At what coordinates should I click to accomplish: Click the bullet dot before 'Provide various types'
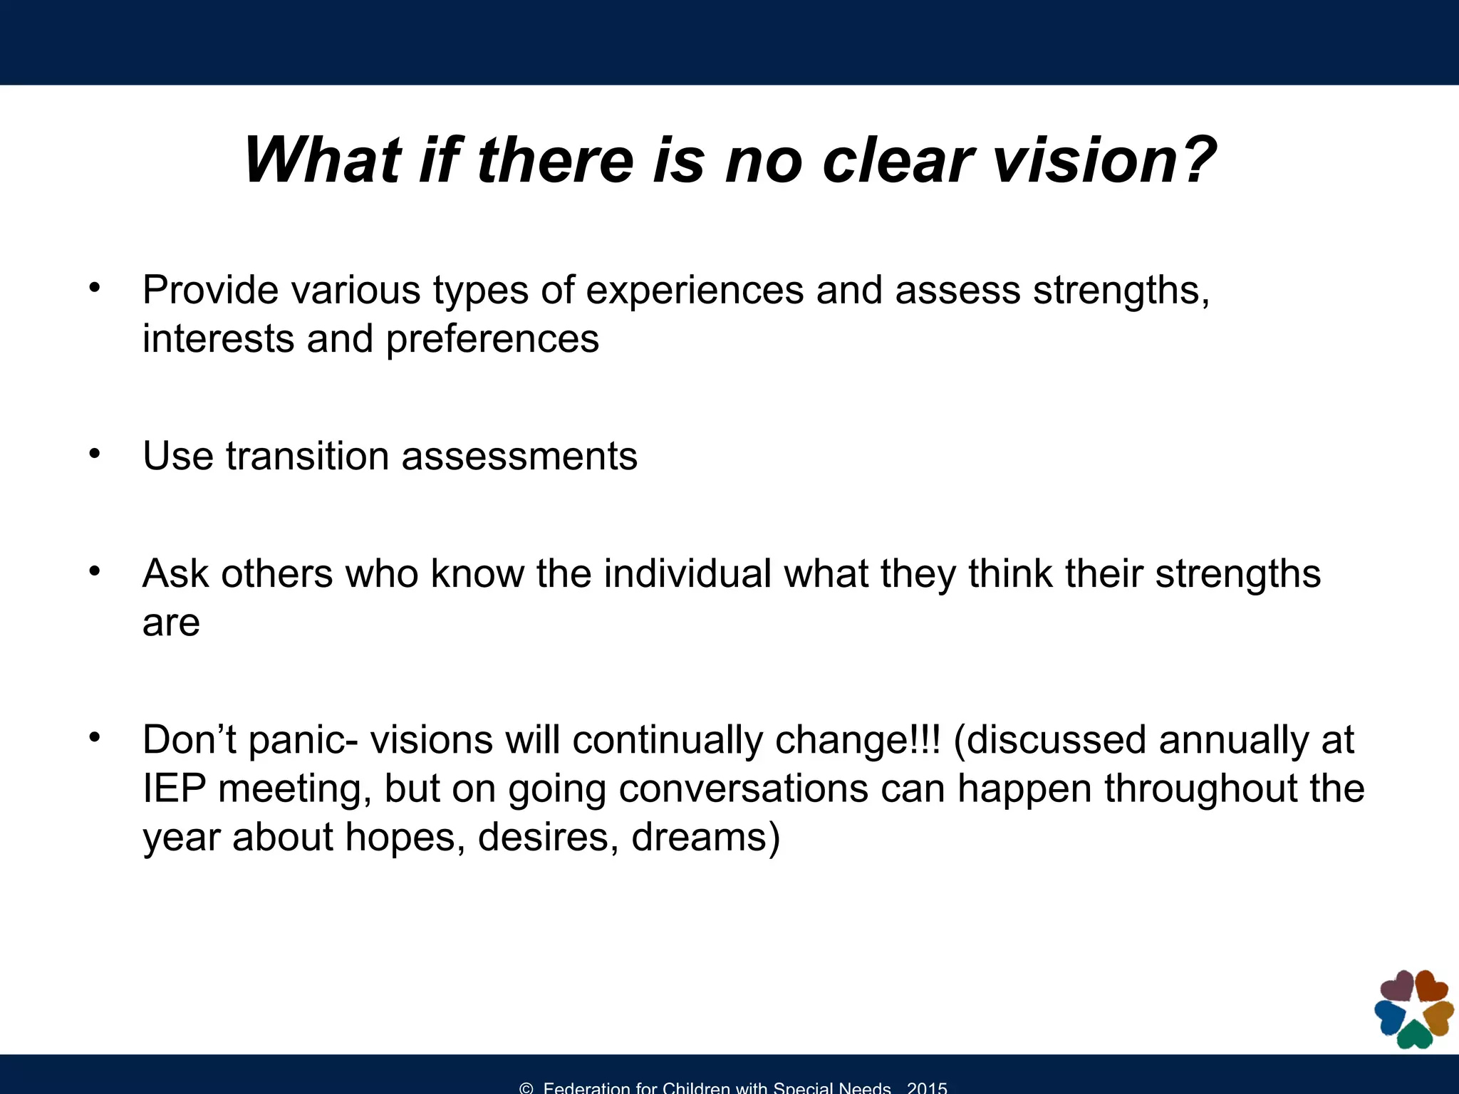(95, 288)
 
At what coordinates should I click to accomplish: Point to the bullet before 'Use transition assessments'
(95, 454)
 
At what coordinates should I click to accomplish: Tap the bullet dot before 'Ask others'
(95, 571)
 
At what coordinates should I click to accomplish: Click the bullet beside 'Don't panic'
(95, 738)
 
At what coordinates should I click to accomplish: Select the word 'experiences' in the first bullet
(695, 291)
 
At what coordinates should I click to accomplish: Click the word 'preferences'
(492, 340)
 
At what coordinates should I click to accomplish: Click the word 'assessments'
(519, 456)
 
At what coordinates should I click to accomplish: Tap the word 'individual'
(687, 573)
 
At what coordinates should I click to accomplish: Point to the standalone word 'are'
(171, 623)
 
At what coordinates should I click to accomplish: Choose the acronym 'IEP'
(175, 788)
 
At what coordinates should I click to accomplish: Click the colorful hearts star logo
(1413, 1009)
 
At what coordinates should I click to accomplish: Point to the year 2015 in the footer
(927, 1088)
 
